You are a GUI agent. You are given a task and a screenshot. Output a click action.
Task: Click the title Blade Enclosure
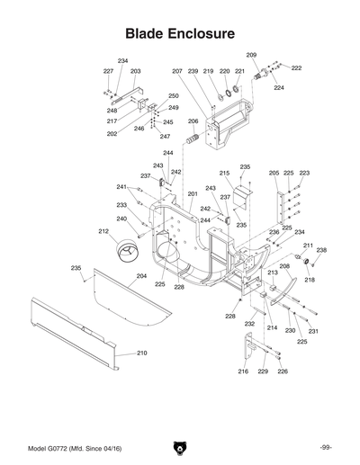(x=180, y=33)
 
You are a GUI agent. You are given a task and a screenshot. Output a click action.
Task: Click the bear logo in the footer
(x=179, y=447)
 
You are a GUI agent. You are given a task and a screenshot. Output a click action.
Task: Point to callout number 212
(x=103, y=231)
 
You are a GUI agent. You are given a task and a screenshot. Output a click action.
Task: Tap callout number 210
(x=141, y=353)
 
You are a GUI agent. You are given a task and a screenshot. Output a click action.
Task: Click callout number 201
(x=192, y=194)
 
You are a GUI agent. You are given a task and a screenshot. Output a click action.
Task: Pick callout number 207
(x=177, y=71)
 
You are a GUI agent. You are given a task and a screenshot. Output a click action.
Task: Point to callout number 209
(x=251, y=56)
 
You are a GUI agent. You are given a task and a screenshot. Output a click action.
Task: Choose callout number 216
(x=243, y=371)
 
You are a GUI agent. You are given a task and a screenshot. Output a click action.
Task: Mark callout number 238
(x=321, y=250)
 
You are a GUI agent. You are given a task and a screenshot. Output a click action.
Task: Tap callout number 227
(x=108, y=71)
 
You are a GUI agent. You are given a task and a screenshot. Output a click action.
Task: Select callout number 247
(x=165, y=137)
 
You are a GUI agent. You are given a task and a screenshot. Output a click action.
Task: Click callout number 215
(x=224, y=173)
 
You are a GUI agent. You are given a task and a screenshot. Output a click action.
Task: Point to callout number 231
(x=313, y=331)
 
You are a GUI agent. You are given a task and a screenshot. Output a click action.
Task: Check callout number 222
(x=296, y=68)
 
